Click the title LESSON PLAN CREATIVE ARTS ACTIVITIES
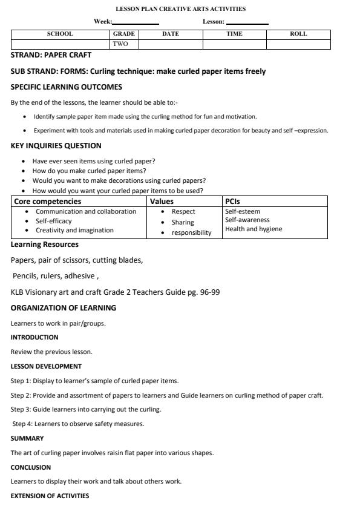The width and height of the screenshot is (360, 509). point(180,9)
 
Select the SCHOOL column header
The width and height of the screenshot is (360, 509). point(60,34)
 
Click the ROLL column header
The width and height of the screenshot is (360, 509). point(298,34)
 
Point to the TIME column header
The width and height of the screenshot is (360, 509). point(234,34)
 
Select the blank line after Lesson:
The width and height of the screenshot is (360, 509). point(247,22)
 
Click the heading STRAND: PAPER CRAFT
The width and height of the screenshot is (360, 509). point(51,55)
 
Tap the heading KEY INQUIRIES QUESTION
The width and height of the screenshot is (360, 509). point(56,146)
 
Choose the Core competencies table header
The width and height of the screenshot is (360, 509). point(48,202)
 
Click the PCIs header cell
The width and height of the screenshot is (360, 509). point(233,202)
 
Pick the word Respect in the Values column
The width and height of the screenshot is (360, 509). point(183,212)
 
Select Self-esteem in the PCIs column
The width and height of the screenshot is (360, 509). point(243,212)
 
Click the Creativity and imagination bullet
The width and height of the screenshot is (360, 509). point(74,230)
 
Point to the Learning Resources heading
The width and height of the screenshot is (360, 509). point(45,245)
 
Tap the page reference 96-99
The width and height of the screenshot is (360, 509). point(210,292)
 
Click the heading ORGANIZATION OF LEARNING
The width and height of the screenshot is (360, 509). point(64,307)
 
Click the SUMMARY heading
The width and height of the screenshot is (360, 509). point(26,438)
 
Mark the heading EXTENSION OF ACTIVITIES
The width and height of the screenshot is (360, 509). point(50,496)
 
